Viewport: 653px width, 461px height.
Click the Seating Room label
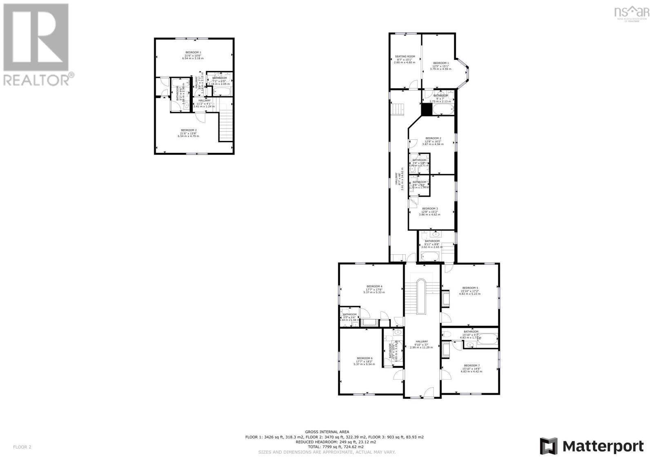tap(404, 57)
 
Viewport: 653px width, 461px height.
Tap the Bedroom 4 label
tap(374, 286)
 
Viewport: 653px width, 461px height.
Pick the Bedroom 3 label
tap(430, 208)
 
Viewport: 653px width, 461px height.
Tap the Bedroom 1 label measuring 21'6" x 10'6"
tap(193, 52)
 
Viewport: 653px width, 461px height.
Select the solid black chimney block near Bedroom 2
tap(427, 109)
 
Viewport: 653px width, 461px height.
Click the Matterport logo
tap(592, 446)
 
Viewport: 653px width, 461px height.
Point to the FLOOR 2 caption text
tap(22, 447)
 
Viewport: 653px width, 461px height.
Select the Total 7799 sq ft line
tap(327, 447)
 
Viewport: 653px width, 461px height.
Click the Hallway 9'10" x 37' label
tap(422, 342)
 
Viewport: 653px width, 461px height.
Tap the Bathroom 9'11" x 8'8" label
tap(432, 241)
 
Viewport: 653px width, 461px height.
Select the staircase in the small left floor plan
tap(226, 127)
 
